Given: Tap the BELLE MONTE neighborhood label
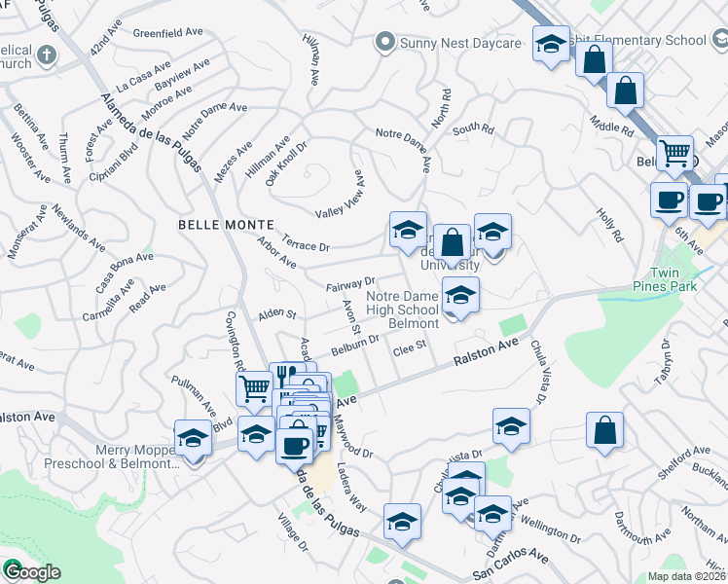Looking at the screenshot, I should tap(218, 224).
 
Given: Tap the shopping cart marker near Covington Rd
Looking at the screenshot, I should tap(255, 388).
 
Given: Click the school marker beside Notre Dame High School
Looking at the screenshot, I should tap(460, 294).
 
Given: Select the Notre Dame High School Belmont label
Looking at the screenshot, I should tap(406, 309).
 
